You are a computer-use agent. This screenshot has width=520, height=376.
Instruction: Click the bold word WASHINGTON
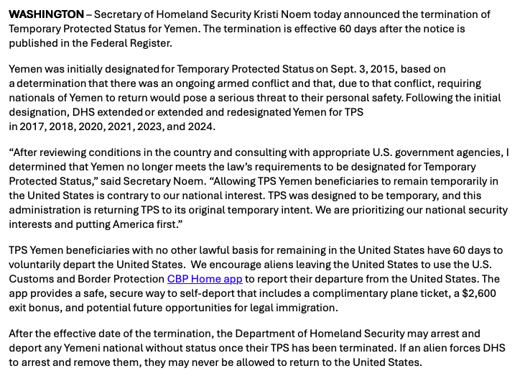point(46,14)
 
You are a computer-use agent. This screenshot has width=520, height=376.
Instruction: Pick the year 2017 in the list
point(34,127)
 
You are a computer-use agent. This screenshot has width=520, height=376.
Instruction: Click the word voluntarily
point(36,264)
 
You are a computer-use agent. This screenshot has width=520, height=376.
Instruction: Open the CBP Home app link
point(205,278)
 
